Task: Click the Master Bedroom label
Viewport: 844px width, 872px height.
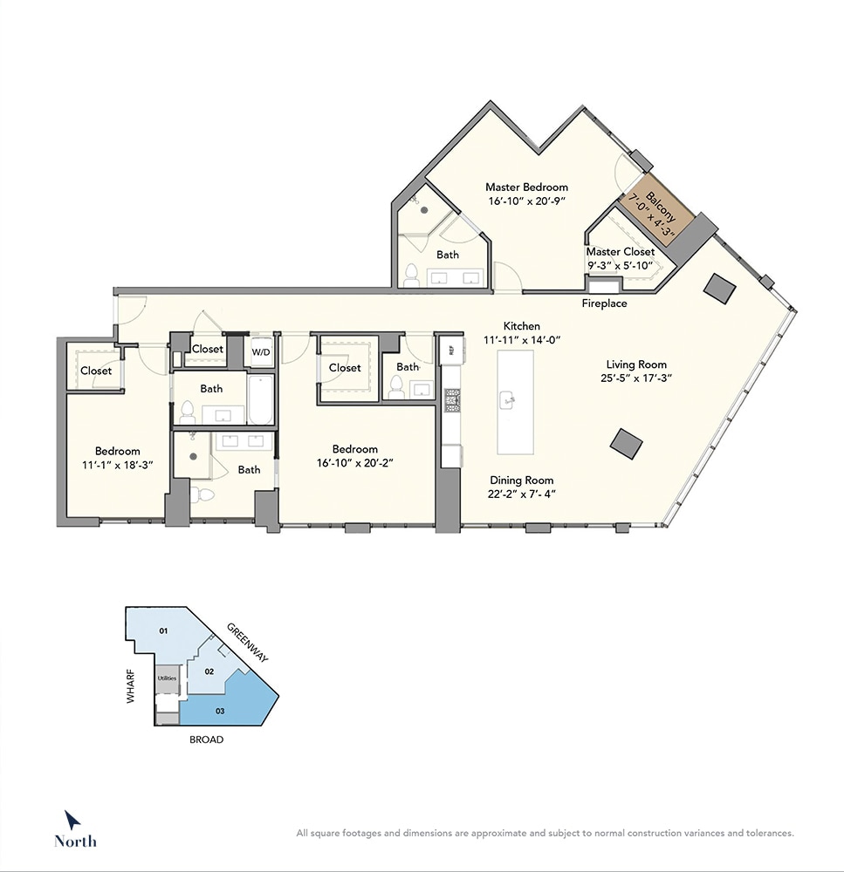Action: pyautogui.click(x=526, y=187)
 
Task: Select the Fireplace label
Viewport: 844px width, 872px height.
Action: pyautogui.click(x=604, y=303)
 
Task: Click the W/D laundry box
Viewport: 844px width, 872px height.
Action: pyautogui.click(x=260, y=351)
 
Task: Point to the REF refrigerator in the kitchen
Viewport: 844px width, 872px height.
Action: pyautogui.click(x=451, y=350)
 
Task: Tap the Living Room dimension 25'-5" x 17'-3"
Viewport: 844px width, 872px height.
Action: pyautogui.click(x=635, y=378)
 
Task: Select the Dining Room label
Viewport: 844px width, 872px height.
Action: pyautogui.click(x=522, y=480)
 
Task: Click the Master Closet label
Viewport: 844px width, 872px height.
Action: pyautogui.click(x=621, y=252)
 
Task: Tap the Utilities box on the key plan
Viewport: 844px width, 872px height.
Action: pyautogui.click(x=167, y=678)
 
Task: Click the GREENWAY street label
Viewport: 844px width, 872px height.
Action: pyautogui.click(x=247, y=643)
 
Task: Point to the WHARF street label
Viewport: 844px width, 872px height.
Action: pyautogui.click(x=131, y=686)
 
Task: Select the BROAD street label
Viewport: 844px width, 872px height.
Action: pyautogui.click(x=207, y=739)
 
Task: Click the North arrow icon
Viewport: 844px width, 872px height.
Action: pyautogui.click(x=72, y=821)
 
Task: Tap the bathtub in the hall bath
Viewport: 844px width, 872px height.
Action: pyautogui.click(x=261, y=399)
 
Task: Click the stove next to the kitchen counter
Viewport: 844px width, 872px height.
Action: pyautogui.click(x=451, y=400)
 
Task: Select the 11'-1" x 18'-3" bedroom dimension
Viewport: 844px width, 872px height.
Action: pyautogui.click(x=118, y=465)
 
